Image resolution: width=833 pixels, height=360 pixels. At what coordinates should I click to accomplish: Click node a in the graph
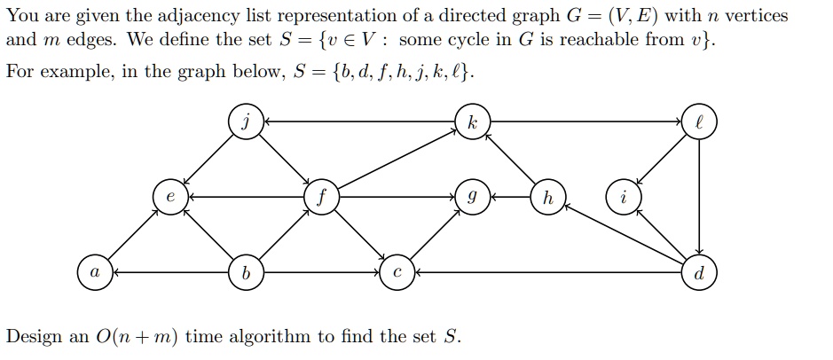pyautogui.click(x=93, y=271)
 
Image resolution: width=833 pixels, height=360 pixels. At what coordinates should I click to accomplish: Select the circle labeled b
pyautogui.click(x=245, y=271)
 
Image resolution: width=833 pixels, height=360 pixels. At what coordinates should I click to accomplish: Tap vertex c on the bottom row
pyautogui.click(x=397, y=271)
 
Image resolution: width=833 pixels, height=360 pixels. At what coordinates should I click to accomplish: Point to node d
pyautogui.click(x=699, y=271)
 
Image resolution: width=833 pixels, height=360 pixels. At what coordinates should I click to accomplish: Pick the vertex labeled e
pyautogui.click(x=169, y=196)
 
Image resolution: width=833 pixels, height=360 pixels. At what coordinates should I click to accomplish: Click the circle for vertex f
pyautogui.click(x=320, y=196)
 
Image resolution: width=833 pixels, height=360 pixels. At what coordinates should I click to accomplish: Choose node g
pyautogui.click(x=472, y=196)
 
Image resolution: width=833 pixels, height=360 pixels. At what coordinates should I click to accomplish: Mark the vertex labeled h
pyautogui.click(x=547, y=196)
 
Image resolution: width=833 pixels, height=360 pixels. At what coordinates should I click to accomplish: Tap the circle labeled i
pyautogui.click(x=623, y=196)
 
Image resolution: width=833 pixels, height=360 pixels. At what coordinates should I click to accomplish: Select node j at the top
pyautogui.click(x=245, y=121)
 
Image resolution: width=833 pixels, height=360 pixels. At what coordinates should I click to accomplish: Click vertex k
pyautogui.click(x=472, y=121)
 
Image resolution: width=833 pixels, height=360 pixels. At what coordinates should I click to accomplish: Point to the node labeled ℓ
pyautogui.click(x=699, y=121)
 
